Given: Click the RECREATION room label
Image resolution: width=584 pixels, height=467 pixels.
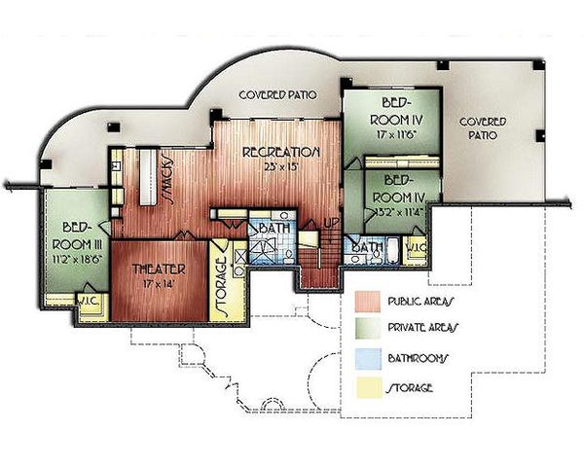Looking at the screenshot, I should pos(281,152).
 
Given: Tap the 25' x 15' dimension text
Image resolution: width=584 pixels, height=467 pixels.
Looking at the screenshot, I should pos(281,166).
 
